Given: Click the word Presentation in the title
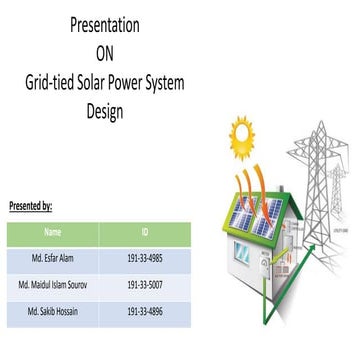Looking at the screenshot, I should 104,25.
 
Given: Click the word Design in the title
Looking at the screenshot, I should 104,111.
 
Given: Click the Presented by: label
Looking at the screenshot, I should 30,206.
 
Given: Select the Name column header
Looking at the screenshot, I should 53,232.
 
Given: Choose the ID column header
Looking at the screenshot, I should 145,232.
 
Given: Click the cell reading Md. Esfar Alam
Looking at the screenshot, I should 53,259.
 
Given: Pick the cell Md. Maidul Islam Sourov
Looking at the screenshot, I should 53,285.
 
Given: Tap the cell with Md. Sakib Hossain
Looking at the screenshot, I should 53,311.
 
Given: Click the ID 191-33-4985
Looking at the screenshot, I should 145,259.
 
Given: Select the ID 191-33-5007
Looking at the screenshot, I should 145,285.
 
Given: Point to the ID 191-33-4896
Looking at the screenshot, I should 145,311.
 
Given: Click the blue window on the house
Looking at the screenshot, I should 242,251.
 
